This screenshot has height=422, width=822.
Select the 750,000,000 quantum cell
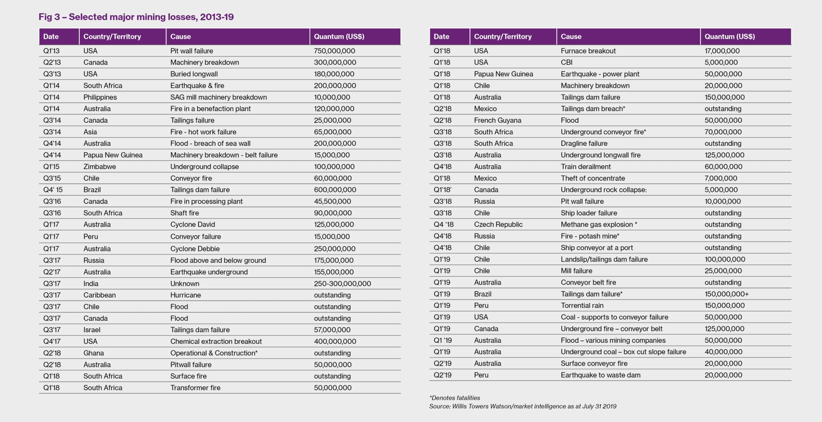[x=334, y=51]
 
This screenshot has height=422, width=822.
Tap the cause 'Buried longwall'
[x=194, y=74]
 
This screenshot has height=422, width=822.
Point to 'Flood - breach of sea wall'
[x=210, y=143]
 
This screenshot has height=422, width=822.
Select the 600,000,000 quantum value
[x=335, y=190]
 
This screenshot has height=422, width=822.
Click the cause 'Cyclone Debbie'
[x=195, y=249]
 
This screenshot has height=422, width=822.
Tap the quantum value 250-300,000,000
[x=342, y=284]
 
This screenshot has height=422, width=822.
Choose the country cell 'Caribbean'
[x=100, y=295]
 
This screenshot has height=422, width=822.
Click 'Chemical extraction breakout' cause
[x=216, y=341]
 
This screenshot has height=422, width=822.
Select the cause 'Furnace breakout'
[x=588, y=51]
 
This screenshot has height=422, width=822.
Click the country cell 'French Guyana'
[x=498, y=120]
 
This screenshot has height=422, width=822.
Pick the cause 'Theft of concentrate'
[x=593, y=178]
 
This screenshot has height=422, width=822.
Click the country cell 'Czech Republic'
[x=498, y=224]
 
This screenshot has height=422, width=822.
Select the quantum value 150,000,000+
[x=727, y=294]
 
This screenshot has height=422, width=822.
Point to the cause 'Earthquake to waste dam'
[x=600, y=375]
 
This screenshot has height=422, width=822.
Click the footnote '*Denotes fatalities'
[x=454, y=398]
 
